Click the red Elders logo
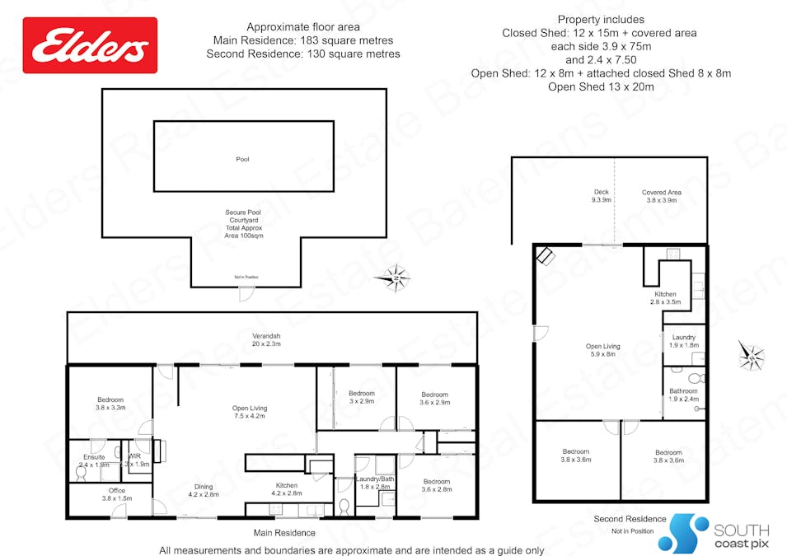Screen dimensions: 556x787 click(x=90, y=45)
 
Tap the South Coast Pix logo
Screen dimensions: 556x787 click(x=719, y=534)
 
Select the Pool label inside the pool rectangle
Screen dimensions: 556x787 click(x=242, y=159)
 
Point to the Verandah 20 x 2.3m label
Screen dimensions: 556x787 click(x=266, y=339)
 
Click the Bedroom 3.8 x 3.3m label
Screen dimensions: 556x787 click(x=110, y=404)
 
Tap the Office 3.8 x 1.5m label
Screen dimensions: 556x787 click(x=117, y=494)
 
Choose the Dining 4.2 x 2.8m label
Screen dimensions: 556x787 click(x=204, y=490)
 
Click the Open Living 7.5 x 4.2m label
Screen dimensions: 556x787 click(x=250, y=412)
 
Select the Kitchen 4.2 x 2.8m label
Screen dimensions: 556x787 click(x=286, y=490)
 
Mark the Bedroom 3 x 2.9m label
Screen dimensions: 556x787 click(x=361, y=397)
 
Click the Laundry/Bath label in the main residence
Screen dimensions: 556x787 click(x=375, y=483)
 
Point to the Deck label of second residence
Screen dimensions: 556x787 click(x=601, y=196)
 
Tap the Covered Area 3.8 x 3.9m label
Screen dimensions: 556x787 click(x=661, y=196)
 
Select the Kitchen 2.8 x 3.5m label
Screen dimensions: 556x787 click(x=665, y=298)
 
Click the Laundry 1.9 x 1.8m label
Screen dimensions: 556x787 click(x=683, y=341)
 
